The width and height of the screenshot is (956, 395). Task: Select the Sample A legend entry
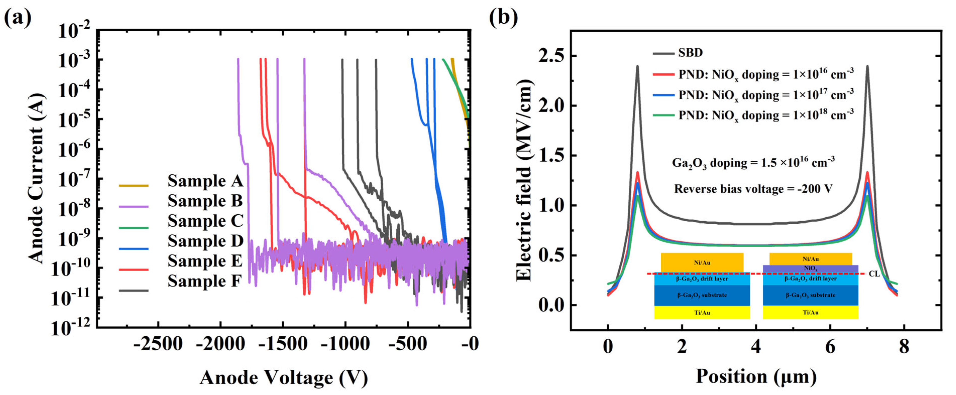205,181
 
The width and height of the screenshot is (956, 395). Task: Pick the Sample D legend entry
205,241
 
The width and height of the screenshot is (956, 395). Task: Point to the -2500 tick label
158,344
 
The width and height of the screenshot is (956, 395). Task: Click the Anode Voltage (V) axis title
284,378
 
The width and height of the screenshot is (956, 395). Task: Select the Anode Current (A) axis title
37,178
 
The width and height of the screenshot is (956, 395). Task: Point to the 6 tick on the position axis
830,347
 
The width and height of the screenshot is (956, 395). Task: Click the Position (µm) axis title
756,376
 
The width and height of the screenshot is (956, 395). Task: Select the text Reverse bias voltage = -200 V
753,189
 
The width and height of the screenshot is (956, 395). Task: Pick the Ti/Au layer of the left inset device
702,312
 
